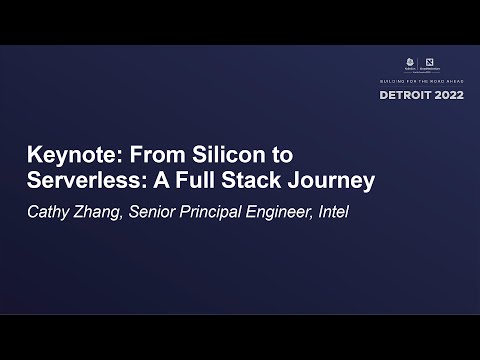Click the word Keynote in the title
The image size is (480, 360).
(x=67, y=157)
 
